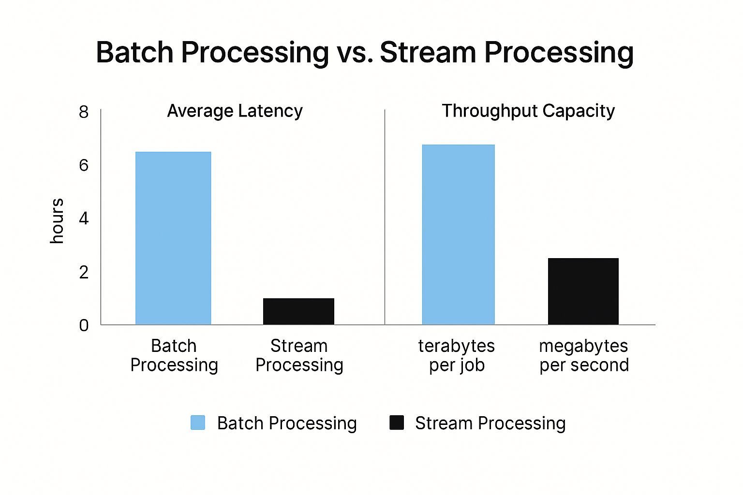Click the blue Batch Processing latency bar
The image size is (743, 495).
point(173,238)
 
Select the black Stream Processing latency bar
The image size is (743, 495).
point(298,311)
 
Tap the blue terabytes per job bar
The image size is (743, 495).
point(458,234)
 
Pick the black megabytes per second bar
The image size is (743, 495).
point(583,291)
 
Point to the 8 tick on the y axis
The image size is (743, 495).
point(84,112)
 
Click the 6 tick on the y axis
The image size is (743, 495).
point(84,165)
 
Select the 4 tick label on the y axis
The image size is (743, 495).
point(84,218)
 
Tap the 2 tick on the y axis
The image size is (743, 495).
point(84,272)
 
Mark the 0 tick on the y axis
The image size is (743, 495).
point(84,325)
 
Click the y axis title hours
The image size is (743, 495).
point(57,220)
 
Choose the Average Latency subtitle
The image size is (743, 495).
point(235,111)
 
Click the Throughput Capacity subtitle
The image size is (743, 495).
point(528,111)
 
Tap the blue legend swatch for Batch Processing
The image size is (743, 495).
point(198,422)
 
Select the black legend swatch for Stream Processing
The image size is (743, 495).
point(397,422)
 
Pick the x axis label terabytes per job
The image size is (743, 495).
point(457,355)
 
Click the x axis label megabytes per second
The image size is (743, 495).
point(584,355)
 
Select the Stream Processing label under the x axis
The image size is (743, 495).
point(299,355)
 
